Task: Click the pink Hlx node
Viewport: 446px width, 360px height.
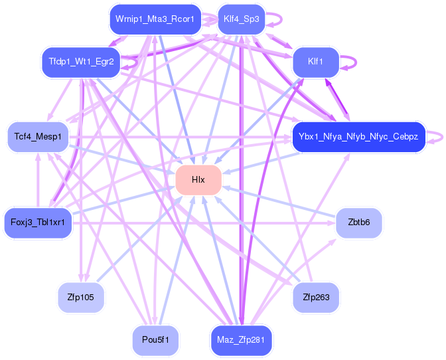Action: (198, 180)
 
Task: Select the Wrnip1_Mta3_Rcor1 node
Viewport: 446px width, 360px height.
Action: (155, 19)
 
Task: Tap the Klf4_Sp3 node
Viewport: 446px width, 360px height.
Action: (242, 19)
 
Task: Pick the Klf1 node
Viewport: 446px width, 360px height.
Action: (316, 62)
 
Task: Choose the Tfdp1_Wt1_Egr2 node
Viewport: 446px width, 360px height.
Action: (82, 62)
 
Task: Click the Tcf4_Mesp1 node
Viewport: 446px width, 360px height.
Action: (38, 137)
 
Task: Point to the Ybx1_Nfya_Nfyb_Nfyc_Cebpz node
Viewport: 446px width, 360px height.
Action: (358, 137)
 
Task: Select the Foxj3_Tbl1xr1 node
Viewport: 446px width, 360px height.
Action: (38, 223)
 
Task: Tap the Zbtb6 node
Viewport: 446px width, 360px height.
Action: (359, 223)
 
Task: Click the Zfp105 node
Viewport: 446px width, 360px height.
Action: (81, 298)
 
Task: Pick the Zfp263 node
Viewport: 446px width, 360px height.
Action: (316, 298)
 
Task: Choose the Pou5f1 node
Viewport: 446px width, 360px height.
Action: (155, 340)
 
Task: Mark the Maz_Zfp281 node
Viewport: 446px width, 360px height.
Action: (241, 340)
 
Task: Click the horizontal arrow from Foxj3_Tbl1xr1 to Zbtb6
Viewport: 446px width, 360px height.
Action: (204, 223)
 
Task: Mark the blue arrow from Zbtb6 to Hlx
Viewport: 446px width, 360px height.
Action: (279, 204)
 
